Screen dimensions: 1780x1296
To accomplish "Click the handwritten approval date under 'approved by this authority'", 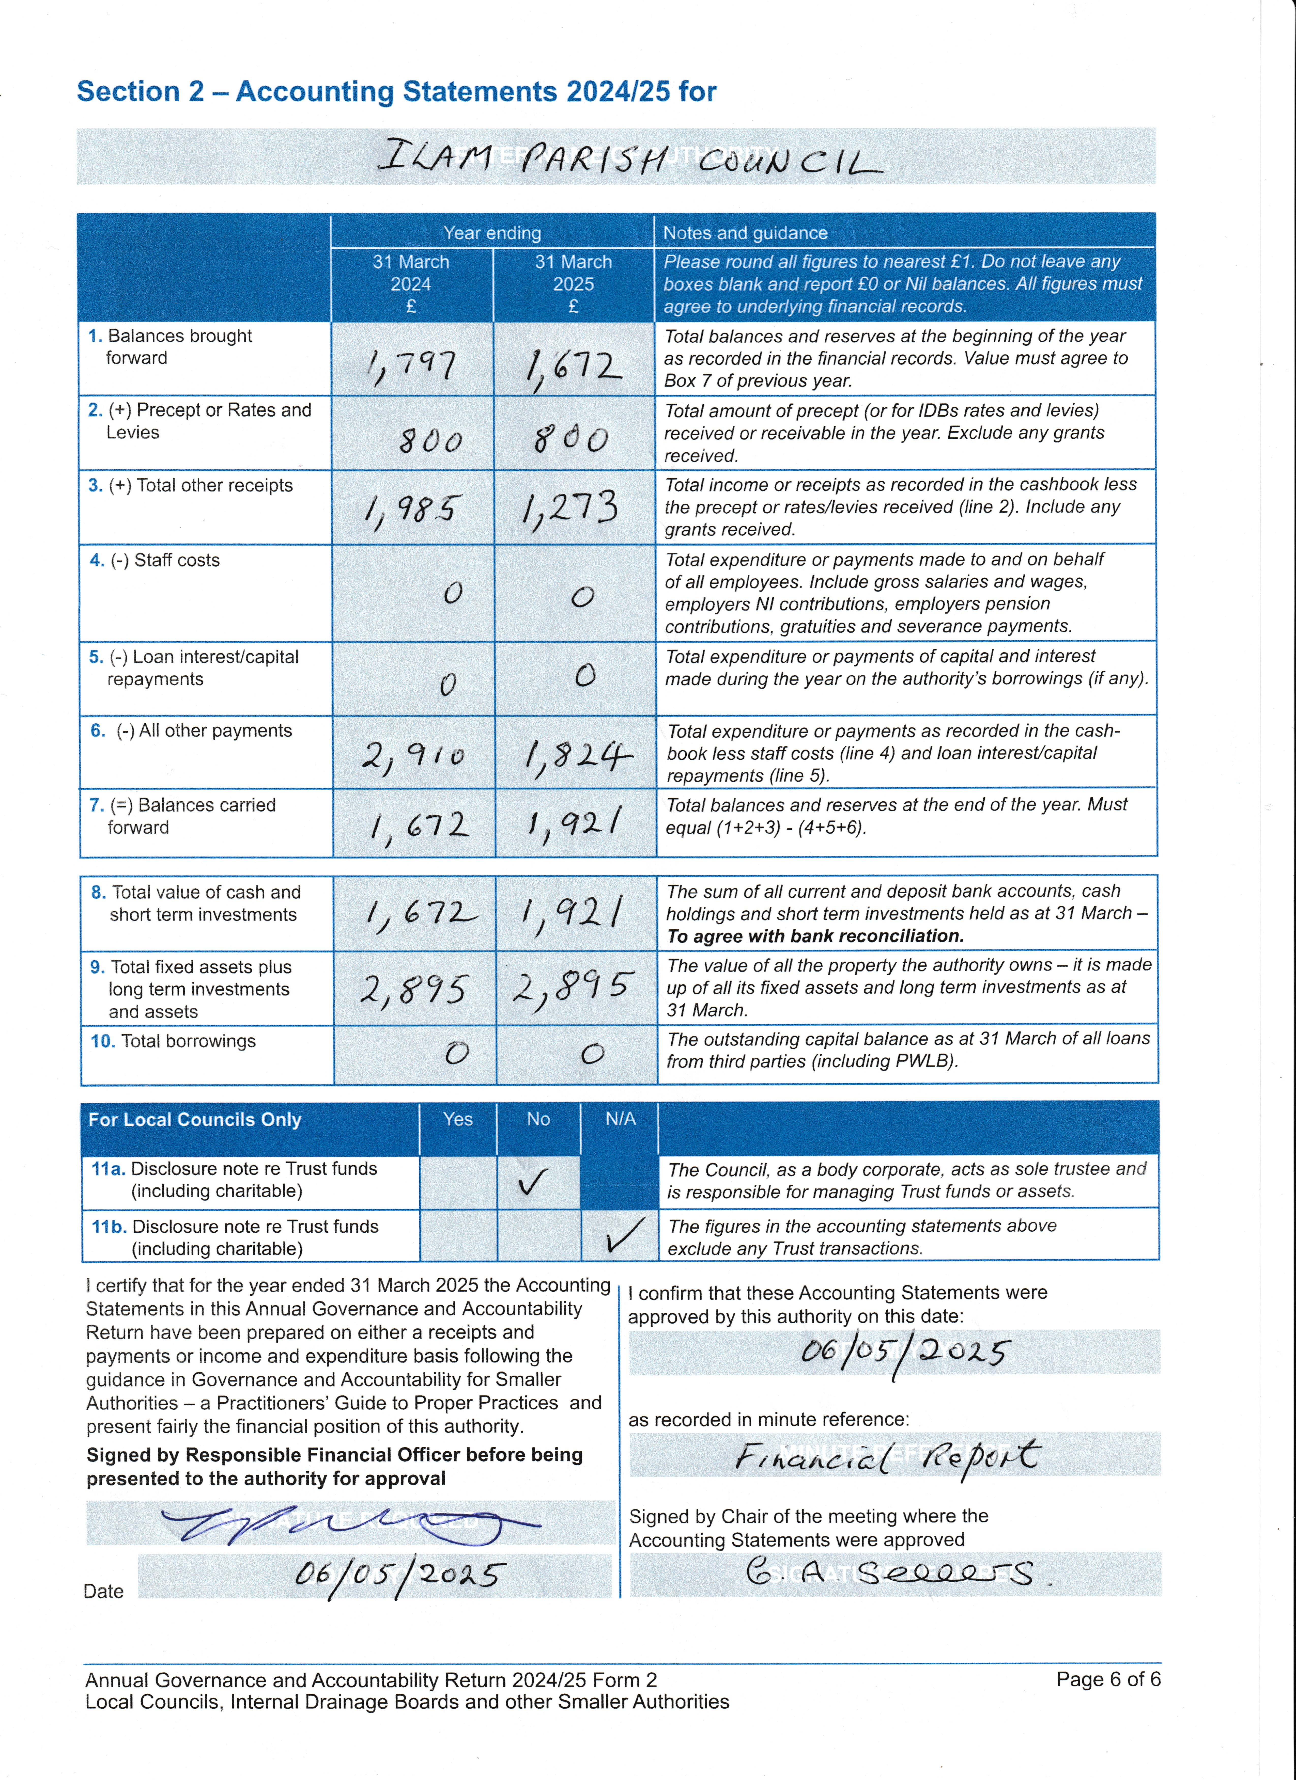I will click(903, 1352).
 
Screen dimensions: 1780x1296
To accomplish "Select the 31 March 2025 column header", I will click(573, 283).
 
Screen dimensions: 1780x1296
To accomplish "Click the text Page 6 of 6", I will click(1108, 1679).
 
